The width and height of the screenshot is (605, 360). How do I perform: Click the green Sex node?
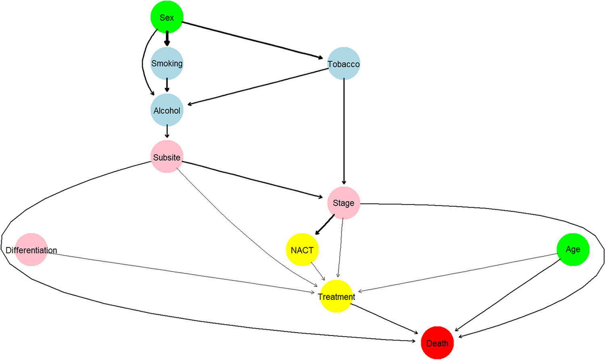point(167,17)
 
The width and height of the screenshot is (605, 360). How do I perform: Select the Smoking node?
point(167,64)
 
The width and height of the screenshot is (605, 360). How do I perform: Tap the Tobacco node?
point(344,64)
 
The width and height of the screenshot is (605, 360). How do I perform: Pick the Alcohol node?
point(167,110)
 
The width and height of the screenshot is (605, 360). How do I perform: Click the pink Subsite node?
point(167,157)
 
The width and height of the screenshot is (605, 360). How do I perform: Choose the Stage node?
point(344,203)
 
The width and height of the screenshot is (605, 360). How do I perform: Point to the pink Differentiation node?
point(31,250)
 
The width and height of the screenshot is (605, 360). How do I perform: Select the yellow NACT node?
point(302,250)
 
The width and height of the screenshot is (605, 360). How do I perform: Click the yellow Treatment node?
point(336,296)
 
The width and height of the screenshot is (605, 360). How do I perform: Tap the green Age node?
point(573,250)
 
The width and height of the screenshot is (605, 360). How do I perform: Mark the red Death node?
point(437,343)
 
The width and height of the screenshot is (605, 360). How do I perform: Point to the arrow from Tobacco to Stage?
point(344,133)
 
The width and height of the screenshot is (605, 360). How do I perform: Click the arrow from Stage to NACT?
point(325,225)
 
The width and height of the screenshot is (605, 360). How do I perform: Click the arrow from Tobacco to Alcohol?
point(258,87)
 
